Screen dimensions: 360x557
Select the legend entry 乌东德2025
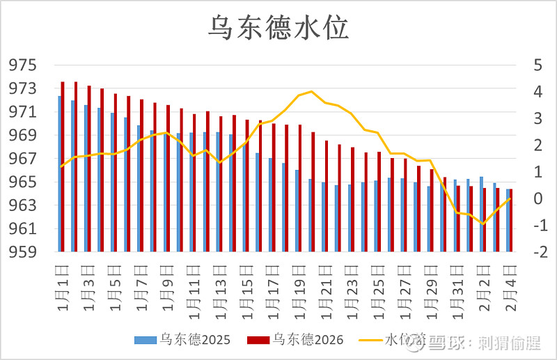177,339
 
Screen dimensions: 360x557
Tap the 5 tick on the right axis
537,65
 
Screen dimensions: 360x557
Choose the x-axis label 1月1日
61,285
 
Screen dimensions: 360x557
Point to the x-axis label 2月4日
510,285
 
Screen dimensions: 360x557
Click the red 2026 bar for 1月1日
63,167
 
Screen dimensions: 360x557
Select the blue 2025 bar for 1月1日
59,174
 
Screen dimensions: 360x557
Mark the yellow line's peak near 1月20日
311,91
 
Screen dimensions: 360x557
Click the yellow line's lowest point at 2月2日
483,224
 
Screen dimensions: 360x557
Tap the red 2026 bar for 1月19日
300,188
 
